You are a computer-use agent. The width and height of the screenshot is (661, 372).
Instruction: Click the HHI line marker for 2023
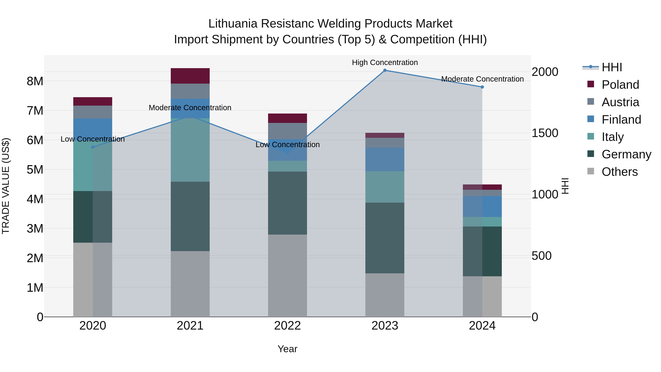(x=385, y=70)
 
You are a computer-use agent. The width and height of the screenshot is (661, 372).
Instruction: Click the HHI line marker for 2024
(x=482, y=87)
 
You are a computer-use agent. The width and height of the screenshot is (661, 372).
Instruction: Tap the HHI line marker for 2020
(x=93, y=147)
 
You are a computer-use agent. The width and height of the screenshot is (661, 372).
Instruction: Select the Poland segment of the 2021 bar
(x=190, y=76)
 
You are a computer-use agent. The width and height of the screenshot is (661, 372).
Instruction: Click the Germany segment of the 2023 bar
(x=385, y=238)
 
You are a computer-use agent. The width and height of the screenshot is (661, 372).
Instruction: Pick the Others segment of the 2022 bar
(x=287, y=276)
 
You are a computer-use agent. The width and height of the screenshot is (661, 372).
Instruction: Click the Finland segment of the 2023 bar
(x=385, y=159)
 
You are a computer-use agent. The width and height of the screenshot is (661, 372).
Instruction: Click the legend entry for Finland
(x=621, y=120)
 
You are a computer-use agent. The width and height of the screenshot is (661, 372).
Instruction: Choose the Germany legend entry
(x=626, y=154)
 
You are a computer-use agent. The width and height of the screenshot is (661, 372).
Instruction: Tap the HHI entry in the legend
(x=612, y=67)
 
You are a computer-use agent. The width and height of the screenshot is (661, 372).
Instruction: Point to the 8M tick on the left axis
(x=35, y=81)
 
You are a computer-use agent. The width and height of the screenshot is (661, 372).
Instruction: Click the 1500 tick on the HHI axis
(x=545, y=133)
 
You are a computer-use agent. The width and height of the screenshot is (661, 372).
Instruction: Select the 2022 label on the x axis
(x=287, y=326)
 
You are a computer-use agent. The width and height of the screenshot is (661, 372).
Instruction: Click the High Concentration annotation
(x=385, y=63)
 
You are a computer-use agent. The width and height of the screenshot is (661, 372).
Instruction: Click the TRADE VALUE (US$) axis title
(x=6, y=186)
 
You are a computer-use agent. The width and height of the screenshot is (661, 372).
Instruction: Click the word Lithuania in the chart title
(x=232, y=24)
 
